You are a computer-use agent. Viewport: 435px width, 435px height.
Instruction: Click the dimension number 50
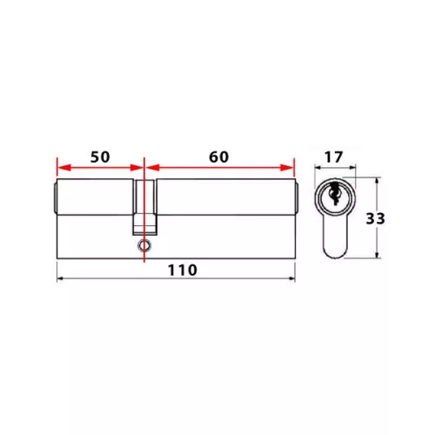point(100,157)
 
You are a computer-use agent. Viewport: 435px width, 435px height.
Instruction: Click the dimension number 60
point(219,157)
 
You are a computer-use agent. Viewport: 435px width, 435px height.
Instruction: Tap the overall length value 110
point(183,271)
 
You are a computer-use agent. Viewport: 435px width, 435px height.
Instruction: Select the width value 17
point(333,157)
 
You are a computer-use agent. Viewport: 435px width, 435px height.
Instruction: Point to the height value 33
point(375,218)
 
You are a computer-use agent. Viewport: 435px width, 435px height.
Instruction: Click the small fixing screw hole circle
point(144,245)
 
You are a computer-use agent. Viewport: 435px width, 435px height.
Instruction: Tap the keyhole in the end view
point(334,192)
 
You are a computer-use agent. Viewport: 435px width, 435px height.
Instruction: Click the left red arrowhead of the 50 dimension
point(64,167)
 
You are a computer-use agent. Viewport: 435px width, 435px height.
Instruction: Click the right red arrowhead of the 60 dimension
point(287,167)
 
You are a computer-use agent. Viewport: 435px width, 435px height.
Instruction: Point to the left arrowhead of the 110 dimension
point(60,278)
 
